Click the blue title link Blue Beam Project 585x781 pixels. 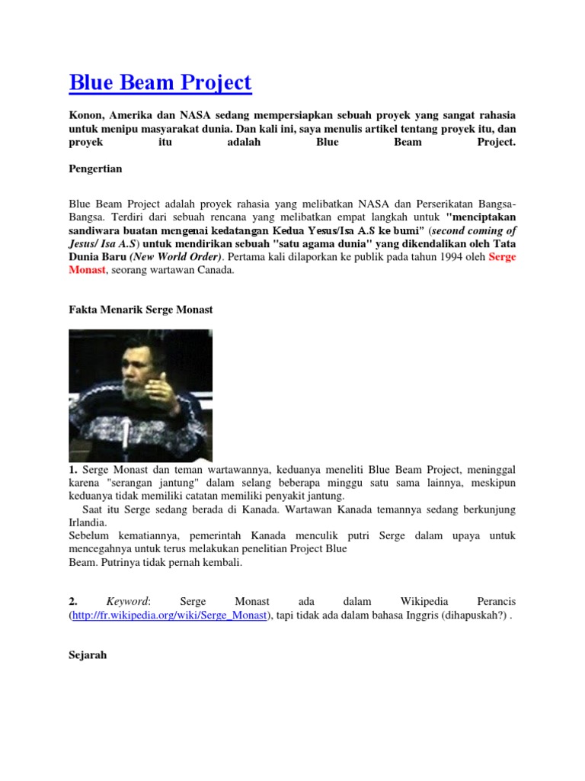160,82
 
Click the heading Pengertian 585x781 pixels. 95,168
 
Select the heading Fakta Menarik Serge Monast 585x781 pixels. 141,310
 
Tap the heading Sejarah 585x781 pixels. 88,654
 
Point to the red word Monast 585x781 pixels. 88,270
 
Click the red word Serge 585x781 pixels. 502,257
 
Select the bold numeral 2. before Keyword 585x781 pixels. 73,602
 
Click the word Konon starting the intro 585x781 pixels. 85,114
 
